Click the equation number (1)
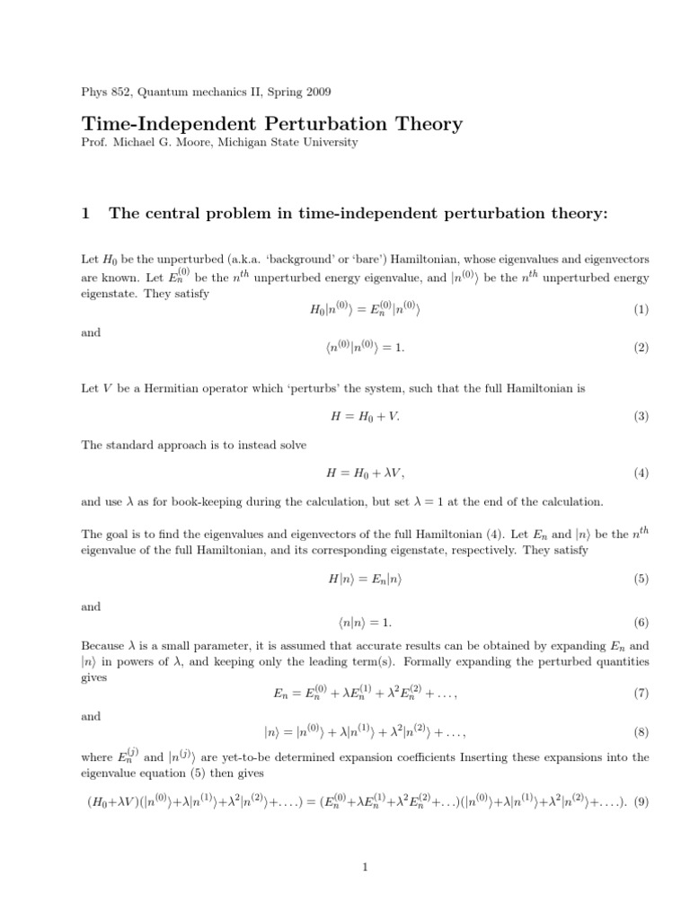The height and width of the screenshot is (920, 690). pos(640,310)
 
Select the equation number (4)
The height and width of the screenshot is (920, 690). pos(640,473)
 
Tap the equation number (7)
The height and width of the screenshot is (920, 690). pos(640,694)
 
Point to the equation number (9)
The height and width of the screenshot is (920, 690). pos(640,801)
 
